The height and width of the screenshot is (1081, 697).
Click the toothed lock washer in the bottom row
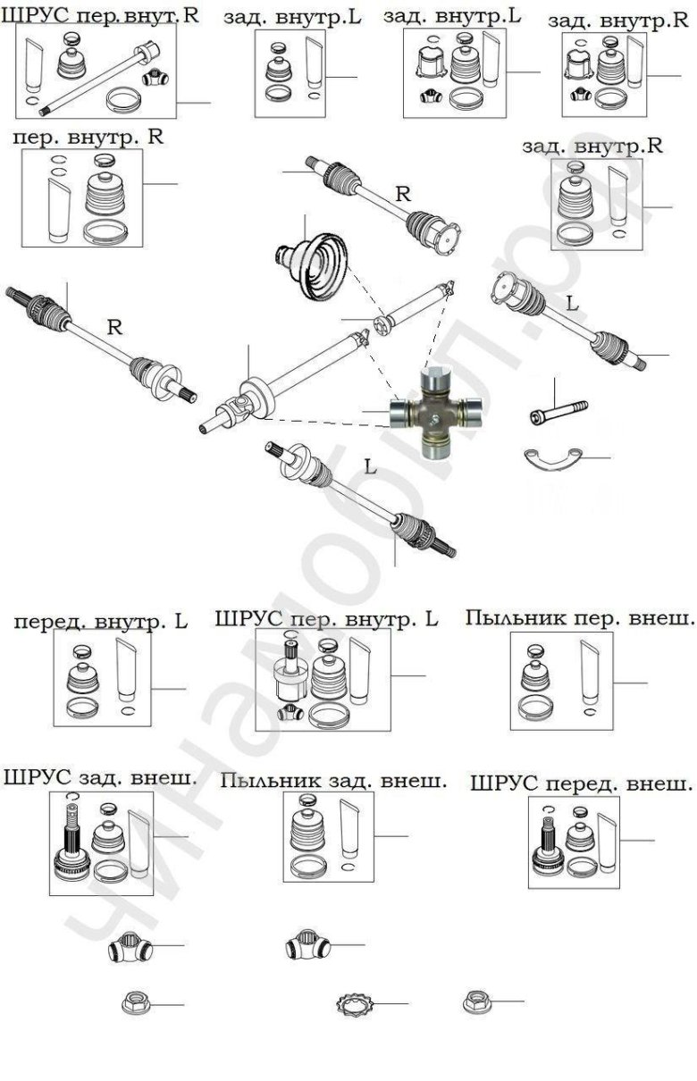[357, 1004]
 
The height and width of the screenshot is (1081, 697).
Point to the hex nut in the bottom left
[135, 1004]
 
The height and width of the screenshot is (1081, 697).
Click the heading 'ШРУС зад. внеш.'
[100, 777]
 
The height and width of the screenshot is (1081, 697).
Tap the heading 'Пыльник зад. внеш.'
[333, 781]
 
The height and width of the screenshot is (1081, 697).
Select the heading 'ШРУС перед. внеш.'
[580, 784]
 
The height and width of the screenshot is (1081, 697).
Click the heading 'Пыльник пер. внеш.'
[580, 617]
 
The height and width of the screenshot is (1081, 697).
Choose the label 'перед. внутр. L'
[100, 621]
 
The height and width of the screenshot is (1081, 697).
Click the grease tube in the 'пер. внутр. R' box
[59, 207]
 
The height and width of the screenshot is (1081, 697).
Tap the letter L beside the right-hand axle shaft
[573, 303]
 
